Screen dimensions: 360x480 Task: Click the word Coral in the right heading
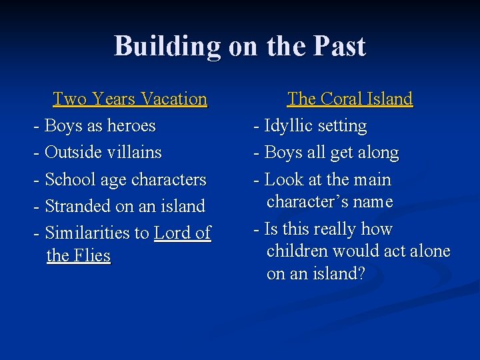[x=341, y=99]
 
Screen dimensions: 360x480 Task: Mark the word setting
[x=343, y=127]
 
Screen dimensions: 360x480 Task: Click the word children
[x=297, y=251]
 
